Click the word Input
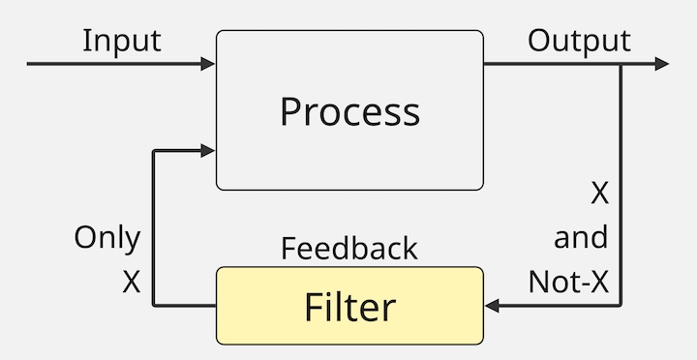[x=121, y=41]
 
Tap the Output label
[x=579, y=41]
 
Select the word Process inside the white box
[x=349, y=111]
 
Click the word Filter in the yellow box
[x=349, y=307]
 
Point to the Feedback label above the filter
[x=349, y=249]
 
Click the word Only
[x=107, y=238]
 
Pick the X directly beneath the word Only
[x=132, y=282]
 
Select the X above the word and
[x=599, y=194]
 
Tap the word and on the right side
[x=581, y=237]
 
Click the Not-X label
[x=568, y=282]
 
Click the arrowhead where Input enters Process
[x=208, y=64]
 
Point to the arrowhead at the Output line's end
[x=661, y=64]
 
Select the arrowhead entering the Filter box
[x=492, y=306]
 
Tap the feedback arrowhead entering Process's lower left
[x=208, y=150]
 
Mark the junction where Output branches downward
[x=621, y=64]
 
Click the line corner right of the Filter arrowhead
[x=621, y=306]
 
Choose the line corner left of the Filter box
[x=154, y=306]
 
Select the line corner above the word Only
[x=154, y=150]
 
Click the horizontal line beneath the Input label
[x=116, y=64]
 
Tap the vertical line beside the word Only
[x=154, y=237]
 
